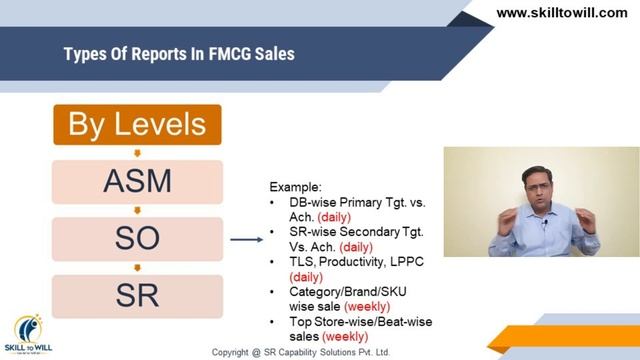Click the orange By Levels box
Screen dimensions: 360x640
(x=137, y=125)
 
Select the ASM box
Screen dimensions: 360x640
(x=137, y=181)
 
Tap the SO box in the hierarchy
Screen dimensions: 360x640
(x=137, y=238)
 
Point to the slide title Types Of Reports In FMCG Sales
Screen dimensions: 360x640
(x=179, y=53)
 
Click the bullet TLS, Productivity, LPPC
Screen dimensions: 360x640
(x=350, y=261)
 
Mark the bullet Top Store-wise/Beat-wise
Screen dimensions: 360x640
(x=356, y=322)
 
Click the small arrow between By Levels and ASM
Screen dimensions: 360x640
(x=137, y=152)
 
